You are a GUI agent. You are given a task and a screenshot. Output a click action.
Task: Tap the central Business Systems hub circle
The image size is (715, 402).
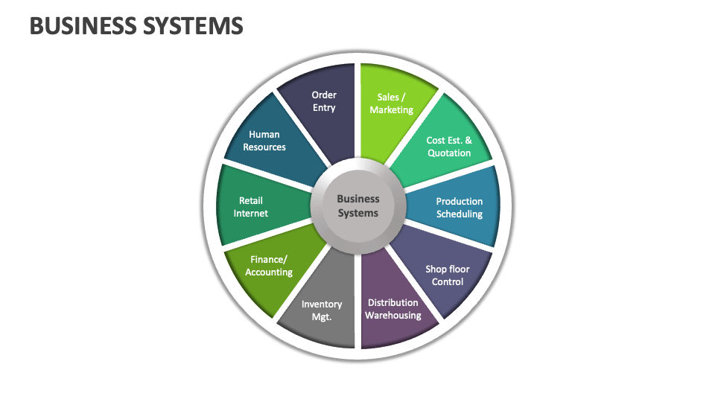358,205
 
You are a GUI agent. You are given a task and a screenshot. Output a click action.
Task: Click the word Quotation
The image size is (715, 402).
449,153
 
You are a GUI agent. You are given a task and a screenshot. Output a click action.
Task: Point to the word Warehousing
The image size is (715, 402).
393,316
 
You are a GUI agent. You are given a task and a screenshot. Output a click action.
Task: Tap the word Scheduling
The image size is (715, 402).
460,214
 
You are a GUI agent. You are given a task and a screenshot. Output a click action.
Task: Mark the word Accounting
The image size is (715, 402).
269,272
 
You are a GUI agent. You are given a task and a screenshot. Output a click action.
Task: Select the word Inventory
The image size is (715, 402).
322,304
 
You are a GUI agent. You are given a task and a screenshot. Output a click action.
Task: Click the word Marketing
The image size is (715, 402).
392,110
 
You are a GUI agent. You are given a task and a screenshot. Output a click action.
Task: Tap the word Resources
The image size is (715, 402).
264,147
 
